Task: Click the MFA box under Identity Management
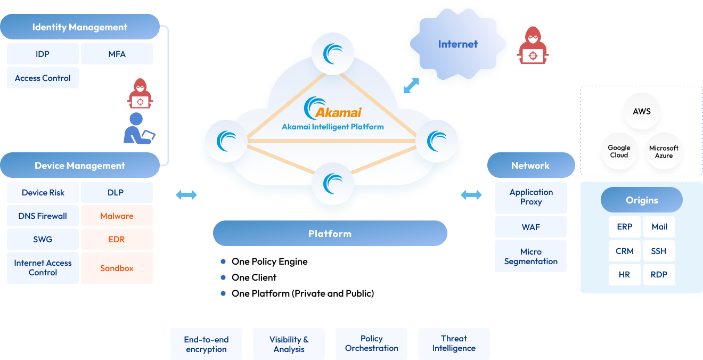(x=117, y=54)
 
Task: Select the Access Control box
(x=43, y=78)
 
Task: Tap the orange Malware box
(x=117, y=216)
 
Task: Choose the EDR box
(x=117, y=239)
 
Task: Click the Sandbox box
(x=117, y=268)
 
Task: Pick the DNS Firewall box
(x=43, y=216)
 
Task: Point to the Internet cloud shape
(x=458, y=44)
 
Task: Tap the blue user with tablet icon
(x=139, y=128)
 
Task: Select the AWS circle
(x=642, y=111)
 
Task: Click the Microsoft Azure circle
(x=664, y=152)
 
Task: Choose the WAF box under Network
(x=530, y=227)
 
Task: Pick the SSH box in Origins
(x=659, y=251)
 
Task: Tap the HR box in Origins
(x=625, y=275)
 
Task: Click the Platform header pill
(x=330, y=233)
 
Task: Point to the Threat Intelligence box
(x=454, y=343)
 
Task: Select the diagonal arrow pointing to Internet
(x=411, y=86)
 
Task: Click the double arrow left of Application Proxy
(x=471, y=195)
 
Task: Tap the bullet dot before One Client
(x=223, y=277)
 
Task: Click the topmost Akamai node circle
(x=333, y=54)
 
